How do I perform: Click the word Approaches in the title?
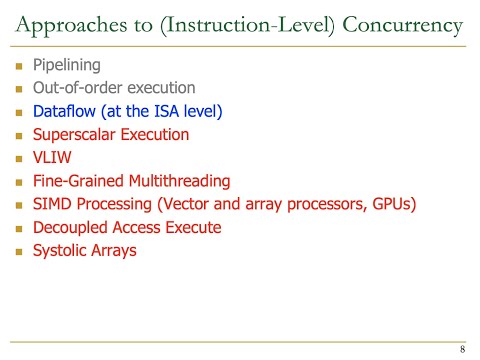point(66,23)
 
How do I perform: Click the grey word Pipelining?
point(67,66)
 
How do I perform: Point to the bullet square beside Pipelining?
point(19,66)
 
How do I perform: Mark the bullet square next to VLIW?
point(19,158)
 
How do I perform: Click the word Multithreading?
point(181,181)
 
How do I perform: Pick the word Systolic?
point(61,250)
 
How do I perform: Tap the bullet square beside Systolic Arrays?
point(19,251)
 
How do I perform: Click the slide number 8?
point(462,350)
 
